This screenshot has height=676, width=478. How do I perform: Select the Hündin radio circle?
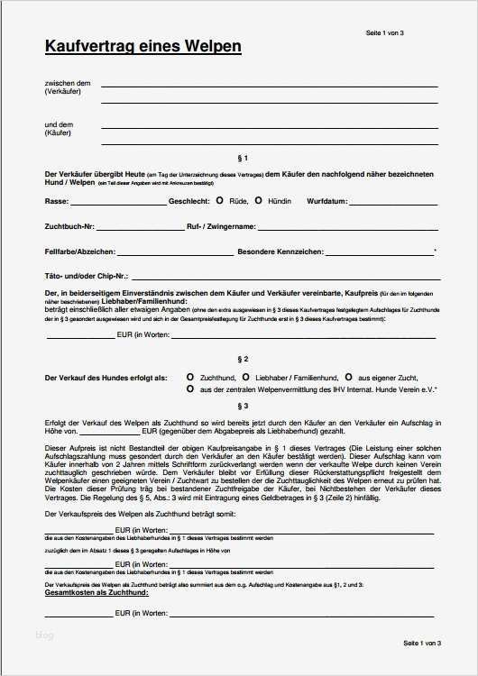tap(259, 201)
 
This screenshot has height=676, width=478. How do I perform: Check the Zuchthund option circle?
tap(189, 377)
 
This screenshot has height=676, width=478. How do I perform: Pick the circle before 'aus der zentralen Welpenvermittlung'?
tap(189, 388)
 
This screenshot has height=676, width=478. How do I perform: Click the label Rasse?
tap(57, 201)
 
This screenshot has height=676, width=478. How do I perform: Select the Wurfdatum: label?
tap(327, 201)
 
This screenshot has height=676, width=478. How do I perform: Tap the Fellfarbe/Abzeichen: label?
tap(79, 251)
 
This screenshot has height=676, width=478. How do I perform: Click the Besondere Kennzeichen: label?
tap(280, 251)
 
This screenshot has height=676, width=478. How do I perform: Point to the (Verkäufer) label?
tap(61, 93)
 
